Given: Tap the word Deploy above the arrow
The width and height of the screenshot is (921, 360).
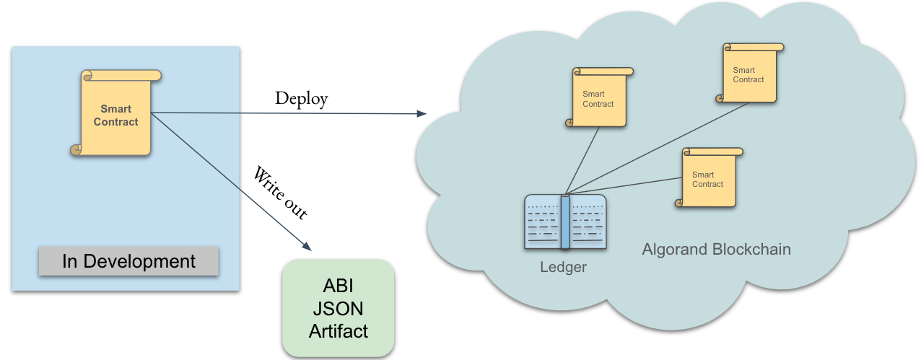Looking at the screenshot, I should [301, 99].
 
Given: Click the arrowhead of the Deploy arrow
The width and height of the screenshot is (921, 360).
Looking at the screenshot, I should [422, 114].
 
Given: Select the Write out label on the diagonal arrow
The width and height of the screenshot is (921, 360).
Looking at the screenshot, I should [280, 193].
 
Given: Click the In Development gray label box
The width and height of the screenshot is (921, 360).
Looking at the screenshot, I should [128, 261].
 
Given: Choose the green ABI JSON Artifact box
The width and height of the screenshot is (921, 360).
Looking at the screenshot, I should [339, 309].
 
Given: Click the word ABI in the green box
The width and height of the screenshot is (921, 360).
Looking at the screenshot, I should [339, 286].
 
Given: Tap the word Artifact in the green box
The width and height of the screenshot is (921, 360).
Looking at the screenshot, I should [339, 331].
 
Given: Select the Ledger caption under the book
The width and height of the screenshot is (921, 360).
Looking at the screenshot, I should [564, 268].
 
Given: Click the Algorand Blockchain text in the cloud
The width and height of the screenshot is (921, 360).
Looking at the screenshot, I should [716, 250].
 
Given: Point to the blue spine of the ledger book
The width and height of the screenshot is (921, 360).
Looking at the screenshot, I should [565, 221].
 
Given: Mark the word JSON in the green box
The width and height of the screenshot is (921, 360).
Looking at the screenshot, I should [339, 309].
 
